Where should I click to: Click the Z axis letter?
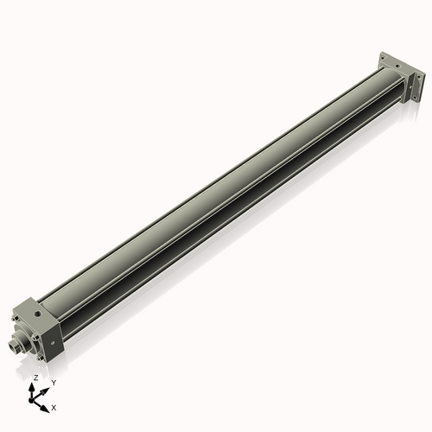coord(35,378)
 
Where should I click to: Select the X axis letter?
coord(54,406)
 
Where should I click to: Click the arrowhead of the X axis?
coord(47,403)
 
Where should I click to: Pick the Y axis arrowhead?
coord(46,388)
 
